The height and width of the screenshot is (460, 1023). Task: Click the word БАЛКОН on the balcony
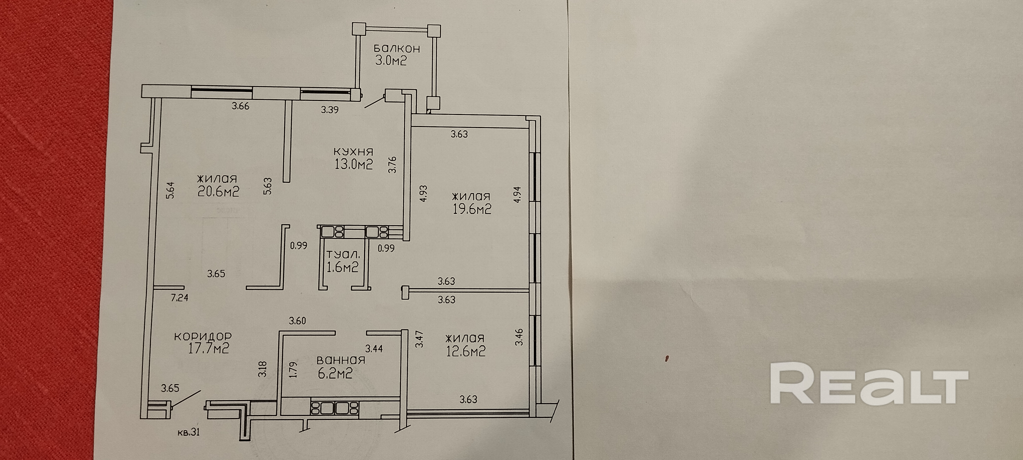pyautogui.click(x=397, y=49)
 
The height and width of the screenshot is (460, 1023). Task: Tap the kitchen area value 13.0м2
pyautogui.click(x=354, y=164)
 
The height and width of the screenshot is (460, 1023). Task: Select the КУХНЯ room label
pyautogui.click(x=353, y=152)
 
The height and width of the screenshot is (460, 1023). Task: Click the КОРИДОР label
pyautogui.click(x=203, y=336)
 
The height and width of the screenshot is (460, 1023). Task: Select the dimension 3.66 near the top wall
pyautogui.click(x=241, y=106)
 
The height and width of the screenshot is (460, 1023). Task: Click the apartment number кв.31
pyautogui.click(x=189, y=432)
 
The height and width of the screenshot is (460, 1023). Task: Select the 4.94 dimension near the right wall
pyautogui.click(x=517, y=195)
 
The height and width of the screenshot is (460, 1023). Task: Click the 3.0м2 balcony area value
pyautogui.click(x=391, y=61)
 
